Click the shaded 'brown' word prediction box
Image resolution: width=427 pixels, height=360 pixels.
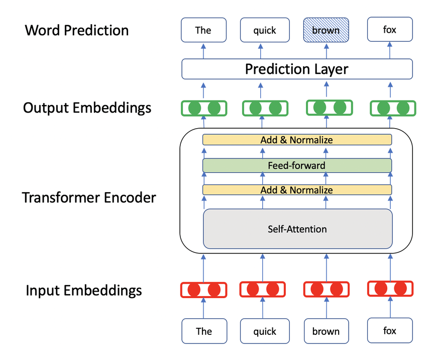pyautogui.click(x=326, y=30)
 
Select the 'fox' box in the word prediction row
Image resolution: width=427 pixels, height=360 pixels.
pyautogui.click(x=390, y=30)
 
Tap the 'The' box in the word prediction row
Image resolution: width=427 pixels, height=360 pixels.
pyautogui.click(x=203, y=30)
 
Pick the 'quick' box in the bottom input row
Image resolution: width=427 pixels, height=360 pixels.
pyautogui.click(x=264, y=331)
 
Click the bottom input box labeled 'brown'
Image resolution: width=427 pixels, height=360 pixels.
pyautogui.click(x=326, y=331)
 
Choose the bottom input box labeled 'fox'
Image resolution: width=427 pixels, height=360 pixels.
pyautogui.click(x=390, y=331)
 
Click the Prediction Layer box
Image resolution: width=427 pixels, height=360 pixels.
pyautogui.click(x=296, y=69)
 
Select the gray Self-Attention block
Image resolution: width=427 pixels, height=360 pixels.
pyautogui.click(x=297, y=229)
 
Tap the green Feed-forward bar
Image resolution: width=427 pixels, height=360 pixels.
pyautogui.click(x=297, y=165)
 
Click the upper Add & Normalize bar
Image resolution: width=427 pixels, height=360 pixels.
pyautogui.click(x=297, y=140)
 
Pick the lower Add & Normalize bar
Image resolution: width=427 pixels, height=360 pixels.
pyautogui.click(x=297, y=190)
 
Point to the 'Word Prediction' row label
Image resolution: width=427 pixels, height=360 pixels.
pyautogui.click(x=77, y=30)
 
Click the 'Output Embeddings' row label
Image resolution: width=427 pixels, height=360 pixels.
pyautogui.click(x=87, y=108)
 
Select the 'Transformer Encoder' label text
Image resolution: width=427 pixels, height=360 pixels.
pyautogui.click(x=89, y=198)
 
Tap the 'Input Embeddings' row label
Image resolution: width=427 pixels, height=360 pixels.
pyautogui.click(x=84, y=290)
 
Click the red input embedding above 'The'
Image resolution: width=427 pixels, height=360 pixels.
pyautogui.click(x=203, y=290)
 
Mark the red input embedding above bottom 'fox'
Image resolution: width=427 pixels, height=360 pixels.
pyautogui.click(x=390, y=289)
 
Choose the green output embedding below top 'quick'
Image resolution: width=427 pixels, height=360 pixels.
pyautogui.click(x=265, y=108)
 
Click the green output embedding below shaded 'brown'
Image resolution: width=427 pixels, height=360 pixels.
pyautogui.click(x=329, y=107)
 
